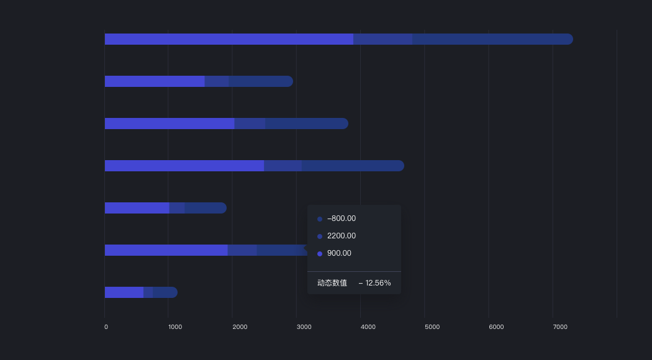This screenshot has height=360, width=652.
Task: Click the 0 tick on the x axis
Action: [106, 327]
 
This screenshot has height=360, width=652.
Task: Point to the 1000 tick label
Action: [175, 327]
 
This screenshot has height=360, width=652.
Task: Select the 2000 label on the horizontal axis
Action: [240, 327]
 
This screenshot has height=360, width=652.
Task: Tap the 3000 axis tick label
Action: [304, 327]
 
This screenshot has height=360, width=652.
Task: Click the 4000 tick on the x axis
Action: [368, 327]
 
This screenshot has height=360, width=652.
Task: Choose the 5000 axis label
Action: [432, 327]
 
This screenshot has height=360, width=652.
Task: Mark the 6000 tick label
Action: [496, 327]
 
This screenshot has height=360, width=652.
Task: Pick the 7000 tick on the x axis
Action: [559, 327]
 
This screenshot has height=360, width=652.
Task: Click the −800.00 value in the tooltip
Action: [342, 218]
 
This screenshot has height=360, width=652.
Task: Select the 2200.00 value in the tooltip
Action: [342, 236]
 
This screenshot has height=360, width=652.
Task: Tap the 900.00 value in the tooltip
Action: [339, 253]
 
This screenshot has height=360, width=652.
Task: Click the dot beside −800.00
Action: [320, 219]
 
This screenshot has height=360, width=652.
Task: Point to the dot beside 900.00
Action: [320, 254]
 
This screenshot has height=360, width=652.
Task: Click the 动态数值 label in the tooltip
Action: [332, 283]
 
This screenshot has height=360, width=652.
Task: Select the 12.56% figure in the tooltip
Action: [378, 283]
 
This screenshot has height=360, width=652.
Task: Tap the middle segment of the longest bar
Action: [383, 39]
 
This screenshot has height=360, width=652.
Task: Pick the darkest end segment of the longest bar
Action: [491, 39]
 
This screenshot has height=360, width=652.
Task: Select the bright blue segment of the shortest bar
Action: [124, 292]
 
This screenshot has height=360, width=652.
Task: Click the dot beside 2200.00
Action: [320, 236]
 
